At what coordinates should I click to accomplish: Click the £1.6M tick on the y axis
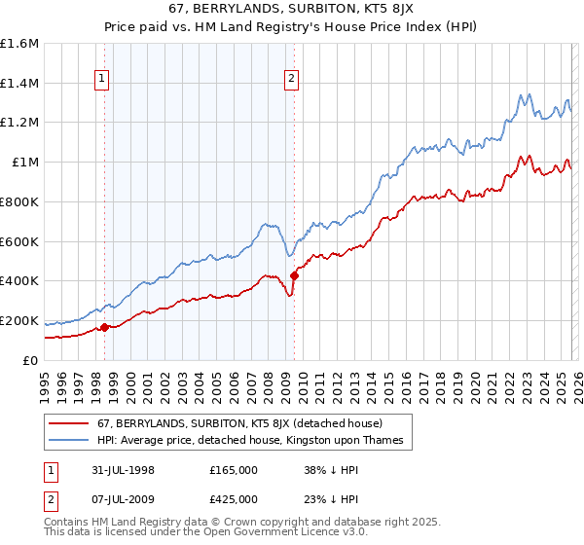(19, 44)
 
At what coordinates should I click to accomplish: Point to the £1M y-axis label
(24, 163)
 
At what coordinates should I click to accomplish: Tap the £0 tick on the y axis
(31, 360)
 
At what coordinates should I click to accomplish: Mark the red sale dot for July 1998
(105, 327)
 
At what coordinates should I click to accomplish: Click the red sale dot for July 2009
(294, 275)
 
